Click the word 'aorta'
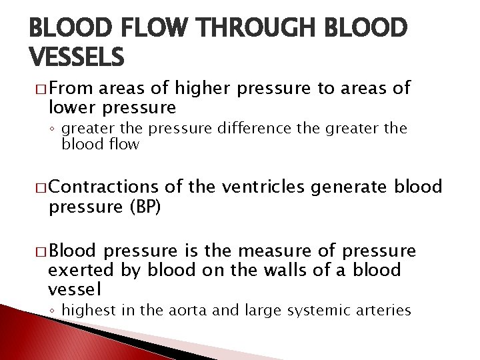coord(193,311)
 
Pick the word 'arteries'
coord(382,311)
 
